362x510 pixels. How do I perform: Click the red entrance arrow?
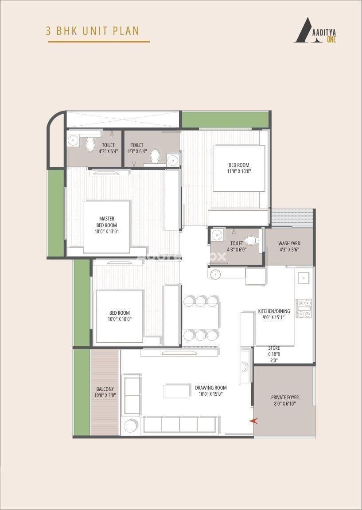pyautogui.click(x=253, y=421)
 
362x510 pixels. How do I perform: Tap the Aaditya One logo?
pyautogui.click(x=315, y=30)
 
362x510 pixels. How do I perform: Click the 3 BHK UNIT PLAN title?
pyautogui.click(x=93, y=31)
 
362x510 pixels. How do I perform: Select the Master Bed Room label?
pyautogui.click(x=106, y=225)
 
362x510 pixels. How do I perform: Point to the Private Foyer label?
pyautogui.click(x=285, y=400)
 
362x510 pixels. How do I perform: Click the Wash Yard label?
pyautogui.click(x=289, y=246)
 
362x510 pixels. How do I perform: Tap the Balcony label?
pyautogui.click(x=105, y=392)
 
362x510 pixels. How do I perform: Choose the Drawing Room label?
pyautogui.click(x=211, y=390)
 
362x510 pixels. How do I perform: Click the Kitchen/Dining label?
pyautogui.click(x=274, y=314)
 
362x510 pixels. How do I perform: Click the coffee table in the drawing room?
pyautogui.click(x=177, y=391)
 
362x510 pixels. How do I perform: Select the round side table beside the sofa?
pyautogui.click(x=131, y=425)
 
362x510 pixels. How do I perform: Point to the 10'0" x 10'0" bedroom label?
pyautogui.click(x=120, y=316)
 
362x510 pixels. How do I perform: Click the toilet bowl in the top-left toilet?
pyautogui.click(x=90, y=144)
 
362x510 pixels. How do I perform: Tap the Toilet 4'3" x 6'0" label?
pyautogui.click(x=237, y=246)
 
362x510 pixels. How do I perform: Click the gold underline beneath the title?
pyautogui.click(x=99, y=42)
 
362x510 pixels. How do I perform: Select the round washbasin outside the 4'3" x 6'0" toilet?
pyautogui.click(x=215, y=274)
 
